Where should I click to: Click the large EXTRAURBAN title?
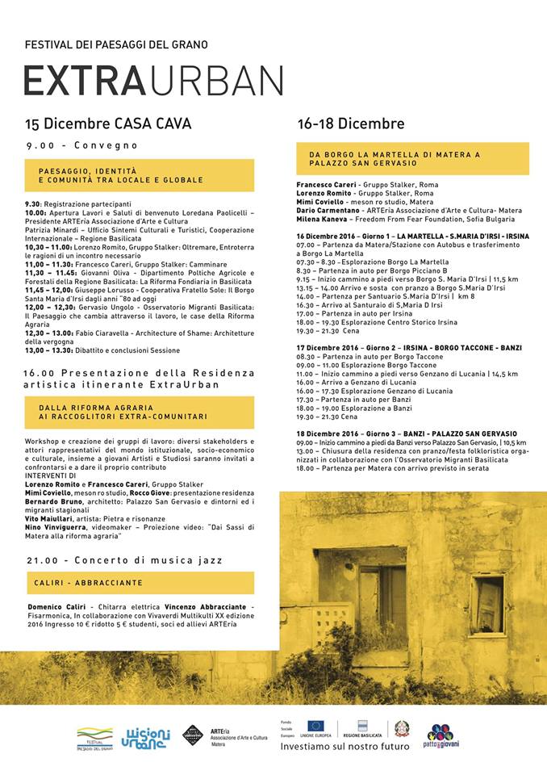click(153, 81)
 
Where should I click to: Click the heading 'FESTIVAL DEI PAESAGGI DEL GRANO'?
click(116, 44)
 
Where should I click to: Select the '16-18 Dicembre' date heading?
click(351, 124)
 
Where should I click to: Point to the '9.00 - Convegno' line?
click(82, 146)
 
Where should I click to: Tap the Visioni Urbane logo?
click(146, 737)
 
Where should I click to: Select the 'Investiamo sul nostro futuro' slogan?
click(340, 747)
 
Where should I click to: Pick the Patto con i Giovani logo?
click(441, 736)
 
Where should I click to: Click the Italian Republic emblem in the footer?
click(400, 728)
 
